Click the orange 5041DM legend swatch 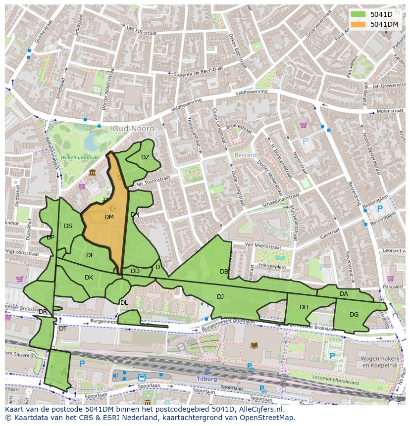click(358, 24)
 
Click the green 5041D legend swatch click(358, 14)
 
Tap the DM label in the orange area click(109, 217)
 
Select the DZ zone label click(145, 157)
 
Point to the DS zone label click(68, 226)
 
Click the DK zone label click(89, 278)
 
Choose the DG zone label click(354, 314)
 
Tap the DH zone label click(304, 307)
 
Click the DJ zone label click(220, 296)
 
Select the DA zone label click(344, 294)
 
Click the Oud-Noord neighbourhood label click(133, 129)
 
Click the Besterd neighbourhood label click(245, 155)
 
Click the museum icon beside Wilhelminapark click(92, 172)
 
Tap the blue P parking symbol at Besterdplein click(379, 209)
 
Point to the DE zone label click(90, 255)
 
